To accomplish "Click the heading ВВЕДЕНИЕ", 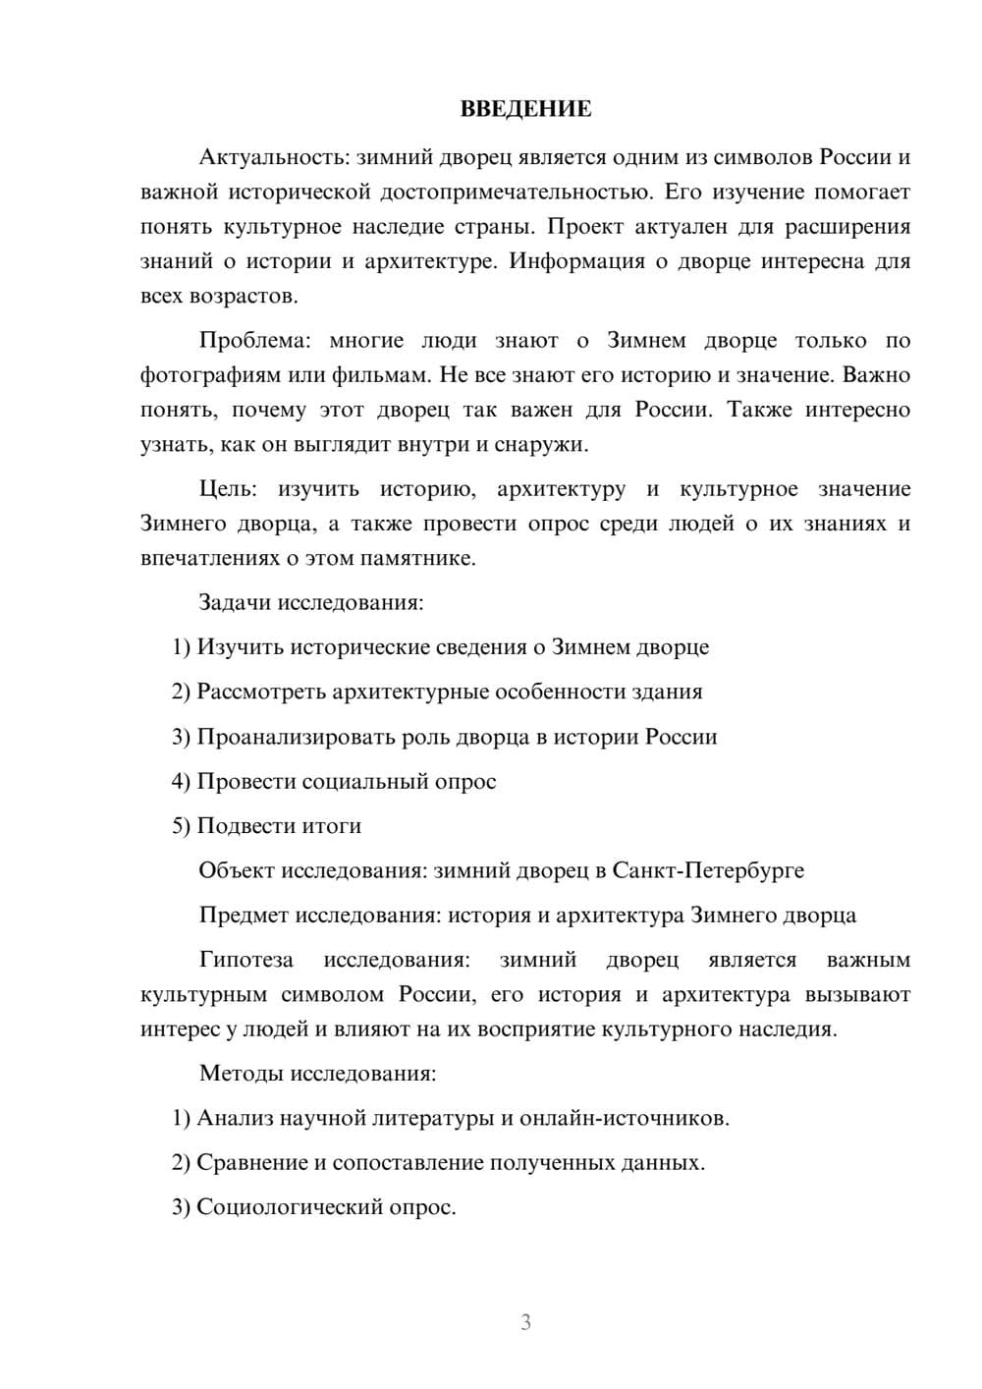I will pyautogui.click(x=525, y=109).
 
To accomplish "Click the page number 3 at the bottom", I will pyautogui.click(x=525, y=1322).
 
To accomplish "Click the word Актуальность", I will pyautogui.click(x=274, y=157).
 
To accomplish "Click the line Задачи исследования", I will pyautogui.click(x=311, y=602).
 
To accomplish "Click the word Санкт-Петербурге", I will pyautogui.click(x=707, y=870).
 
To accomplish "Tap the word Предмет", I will pyautogui.click(x=244, y=916).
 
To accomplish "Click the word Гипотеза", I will pyautogui.click(x=246, y=960).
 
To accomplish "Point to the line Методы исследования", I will pyautogui.click(x=317, y=1073).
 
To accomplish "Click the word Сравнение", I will pyautogui.click(x=251, y=1163).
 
